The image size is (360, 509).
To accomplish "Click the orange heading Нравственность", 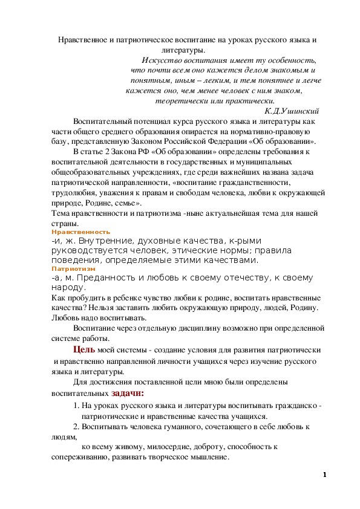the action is coord(72,232).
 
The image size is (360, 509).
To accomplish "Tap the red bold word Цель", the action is coord(84,350).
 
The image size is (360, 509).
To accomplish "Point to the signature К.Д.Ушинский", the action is coord(292,111).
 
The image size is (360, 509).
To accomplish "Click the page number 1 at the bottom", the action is coord(325,475).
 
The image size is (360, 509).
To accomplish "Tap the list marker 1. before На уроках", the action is coord(76,406).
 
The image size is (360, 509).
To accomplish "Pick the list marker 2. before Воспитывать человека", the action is coord(76,427).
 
